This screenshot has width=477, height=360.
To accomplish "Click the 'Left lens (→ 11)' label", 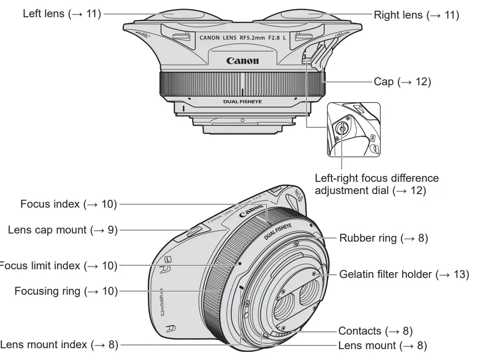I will (61, 14).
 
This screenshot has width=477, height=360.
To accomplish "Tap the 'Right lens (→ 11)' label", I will (416, 15).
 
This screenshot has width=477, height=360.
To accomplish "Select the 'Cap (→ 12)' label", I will (402, 82).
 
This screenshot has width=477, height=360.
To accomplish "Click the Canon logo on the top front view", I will (243, 61).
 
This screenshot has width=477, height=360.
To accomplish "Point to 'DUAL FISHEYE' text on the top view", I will (243, 102).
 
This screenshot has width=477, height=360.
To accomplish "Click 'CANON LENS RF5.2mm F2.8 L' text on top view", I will (243, 38).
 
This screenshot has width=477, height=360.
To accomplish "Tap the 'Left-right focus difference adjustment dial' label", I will (376, 184).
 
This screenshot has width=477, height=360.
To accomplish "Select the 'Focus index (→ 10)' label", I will (68, 204).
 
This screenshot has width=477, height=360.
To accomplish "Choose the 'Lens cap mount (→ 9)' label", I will (63, 230).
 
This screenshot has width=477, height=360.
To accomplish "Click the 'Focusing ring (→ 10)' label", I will (66, 291).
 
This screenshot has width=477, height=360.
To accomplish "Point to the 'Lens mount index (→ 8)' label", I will (59, 345).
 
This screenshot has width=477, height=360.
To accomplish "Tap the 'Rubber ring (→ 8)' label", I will (383, 238).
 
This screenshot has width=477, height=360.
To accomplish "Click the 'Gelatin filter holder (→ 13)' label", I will (404, 274).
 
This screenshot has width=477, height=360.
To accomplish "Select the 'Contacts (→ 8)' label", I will (375, 331).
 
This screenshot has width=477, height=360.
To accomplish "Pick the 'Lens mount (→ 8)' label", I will (382, 345).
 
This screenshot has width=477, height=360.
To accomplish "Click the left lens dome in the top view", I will (179, 16).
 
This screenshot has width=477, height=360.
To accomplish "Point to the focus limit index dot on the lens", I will (239, 263).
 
